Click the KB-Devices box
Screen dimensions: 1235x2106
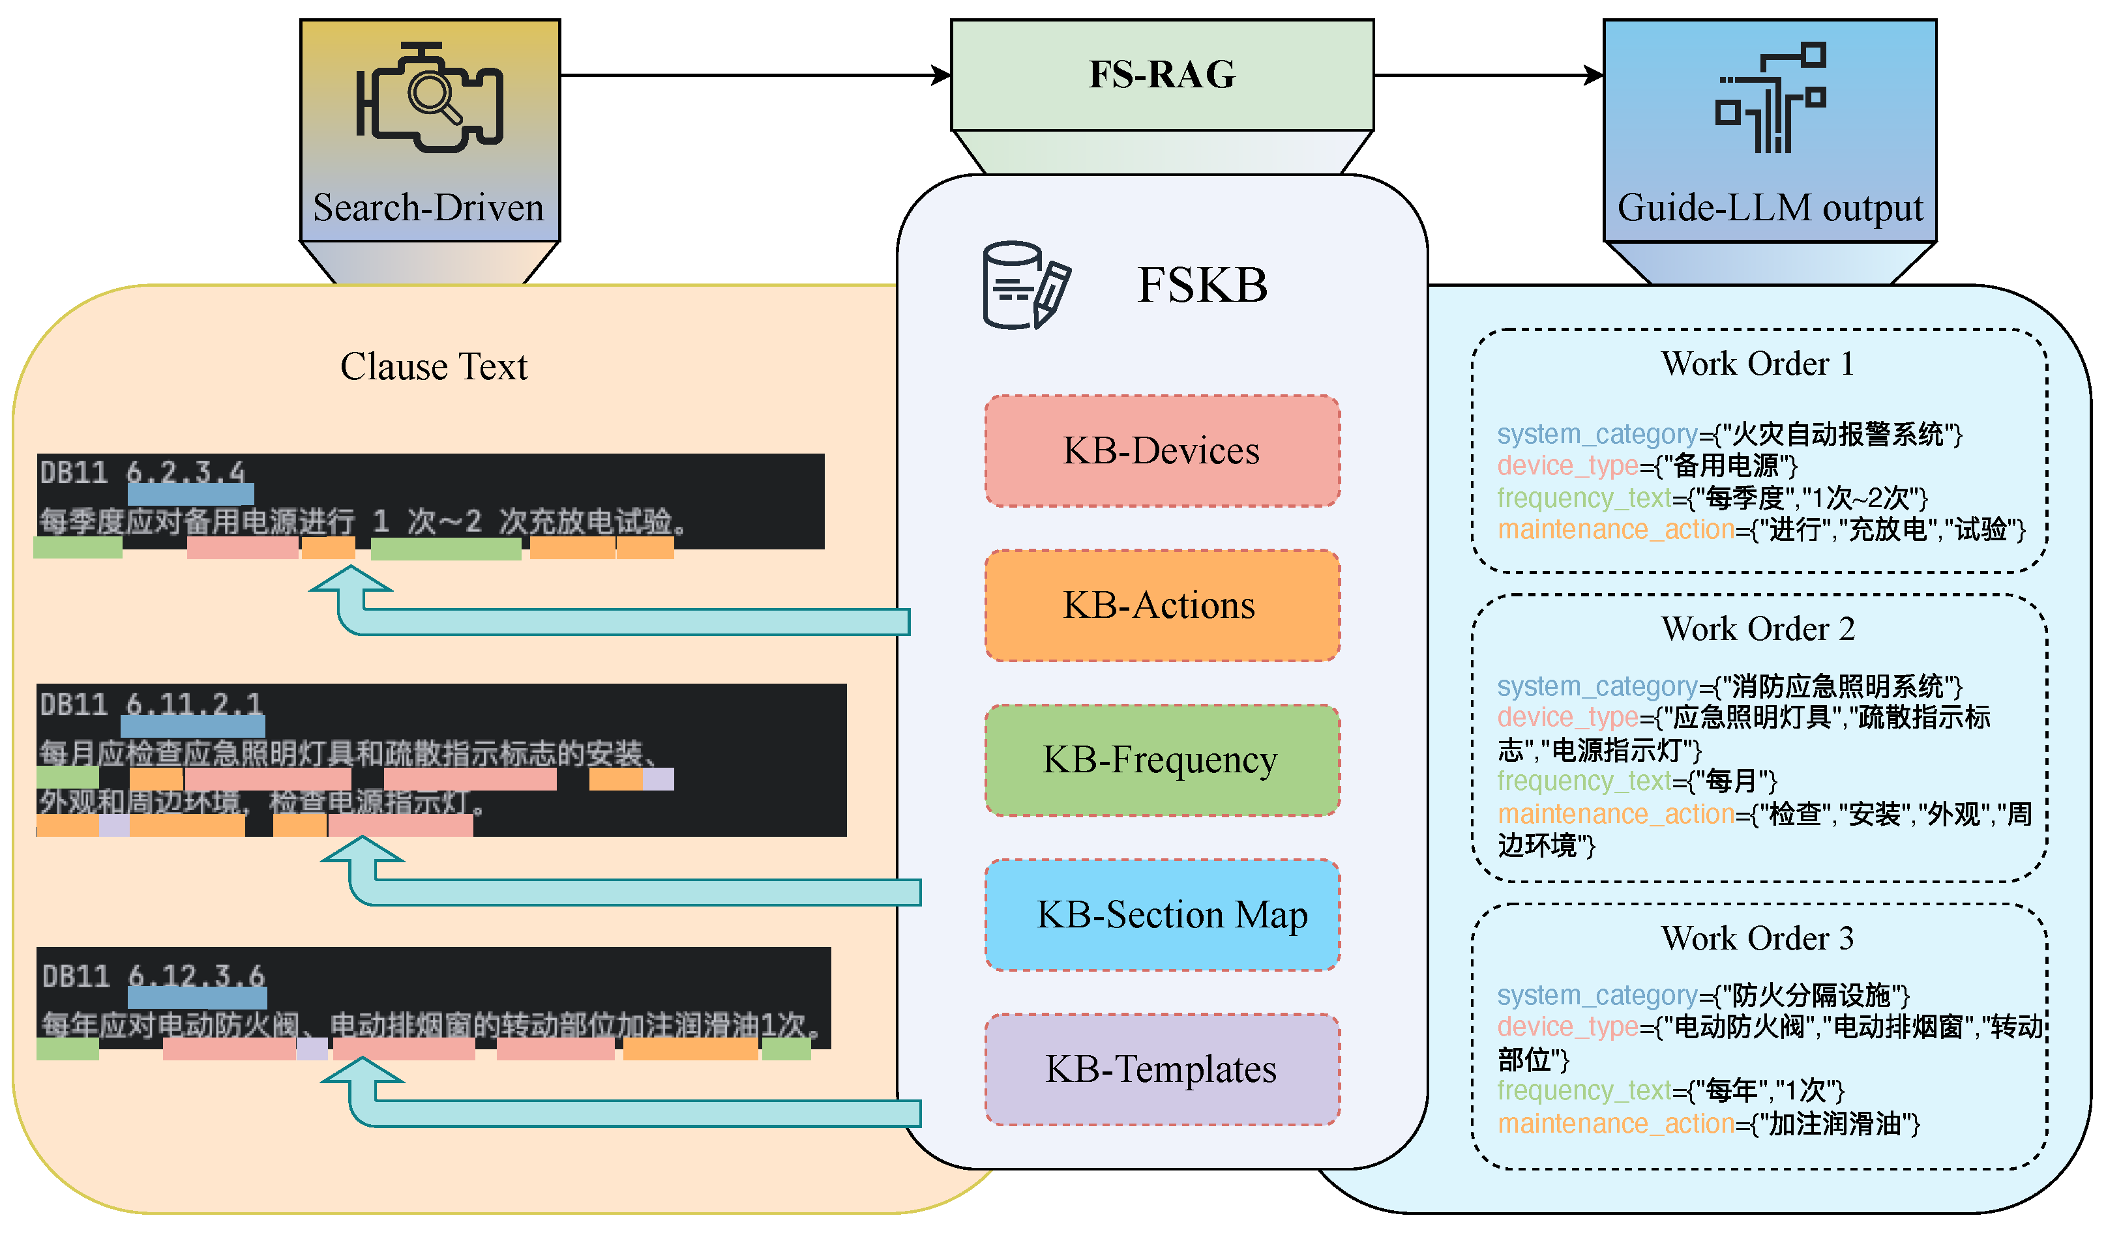(1162, 451)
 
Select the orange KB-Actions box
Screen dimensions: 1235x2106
(1162, 606)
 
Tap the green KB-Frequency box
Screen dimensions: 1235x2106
(1162, 761)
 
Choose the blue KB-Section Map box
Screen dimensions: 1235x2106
(1162, 915)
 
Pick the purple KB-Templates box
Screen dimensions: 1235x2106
(1162, 1069)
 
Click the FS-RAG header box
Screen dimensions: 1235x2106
(1162, 74)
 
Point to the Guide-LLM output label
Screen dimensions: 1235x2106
(1770, 207)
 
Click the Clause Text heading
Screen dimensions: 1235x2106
(434, 367)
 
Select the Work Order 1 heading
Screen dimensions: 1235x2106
(1758, 364)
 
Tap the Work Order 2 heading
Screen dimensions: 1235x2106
(1758, 628)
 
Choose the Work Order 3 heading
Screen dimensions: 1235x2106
(1758, 938)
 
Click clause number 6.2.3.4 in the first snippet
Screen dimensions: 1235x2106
(186, 473)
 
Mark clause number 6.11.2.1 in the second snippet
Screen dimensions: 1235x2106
(194, 705)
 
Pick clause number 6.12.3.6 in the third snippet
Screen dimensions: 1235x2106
(196, 976)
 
